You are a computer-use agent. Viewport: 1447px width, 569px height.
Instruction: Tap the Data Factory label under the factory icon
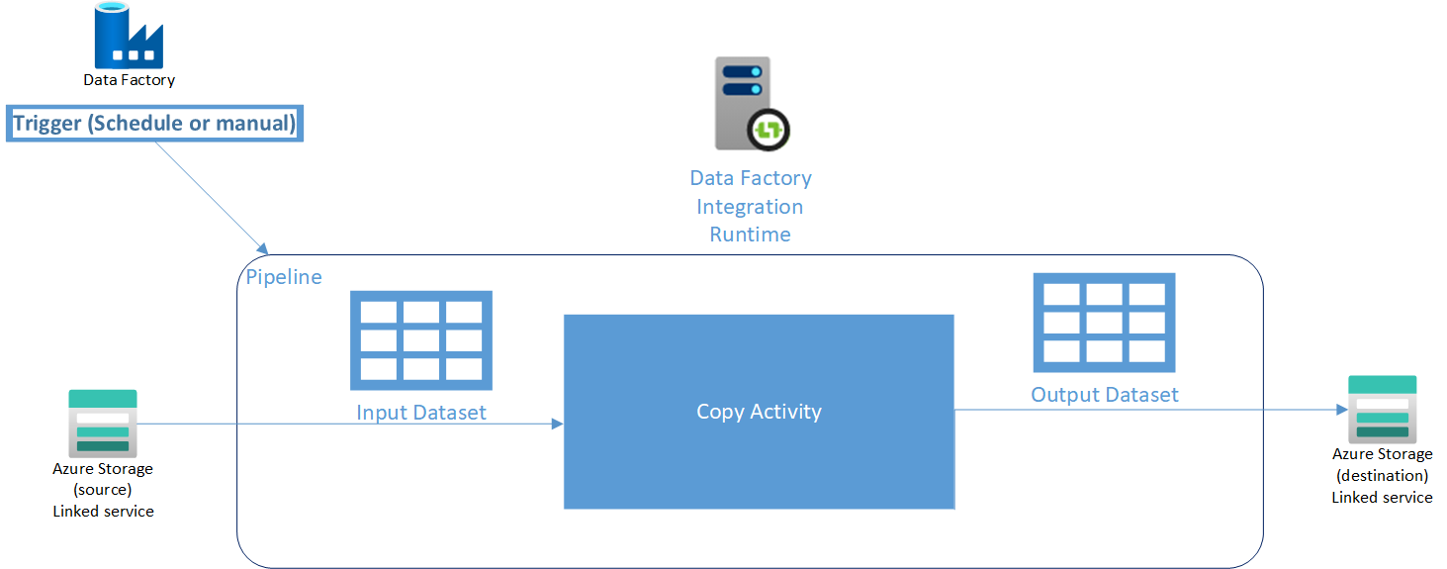pos(129,80)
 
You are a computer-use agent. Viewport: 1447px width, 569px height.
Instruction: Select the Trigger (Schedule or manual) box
pos(154,124)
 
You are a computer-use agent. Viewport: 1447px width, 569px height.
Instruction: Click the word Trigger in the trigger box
pos(48,124)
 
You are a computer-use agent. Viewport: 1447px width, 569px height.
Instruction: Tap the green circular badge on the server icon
pos(769,130)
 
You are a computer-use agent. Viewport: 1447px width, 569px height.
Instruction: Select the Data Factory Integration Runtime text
pos(751,206)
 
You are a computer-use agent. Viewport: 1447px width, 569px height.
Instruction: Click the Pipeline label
pos(284,277)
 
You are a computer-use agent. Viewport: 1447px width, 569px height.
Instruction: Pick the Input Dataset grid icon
pos(421,340)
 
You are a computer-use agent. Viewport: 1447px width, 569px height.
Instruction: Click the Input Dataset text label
pos(421,412)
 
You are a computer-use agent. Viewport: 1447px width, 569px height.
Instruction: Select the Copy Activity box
pos(759,412)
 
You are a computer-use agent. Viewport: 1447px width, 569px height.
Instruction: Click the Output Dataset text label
pos(1105,395)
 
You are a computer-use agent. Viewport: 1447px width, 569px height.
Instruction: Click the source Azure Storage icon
pos(103,423)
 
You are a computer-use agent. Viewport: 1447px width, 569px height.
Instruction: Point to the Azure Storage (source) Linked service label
pos(103,490)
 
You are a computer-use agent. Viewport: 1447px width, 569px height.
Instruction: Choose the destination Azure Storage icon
pos(1382,409)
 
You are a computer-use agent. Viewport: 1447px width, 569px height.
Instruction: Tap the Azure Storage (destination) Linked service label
pos(1382,475)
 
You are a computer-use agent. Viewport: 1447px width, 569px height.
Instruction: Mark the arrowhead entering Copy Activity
pos(557,424)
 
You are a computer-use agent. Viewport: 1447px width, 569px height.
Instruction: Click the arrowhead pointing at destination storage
pos(1341,409)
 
